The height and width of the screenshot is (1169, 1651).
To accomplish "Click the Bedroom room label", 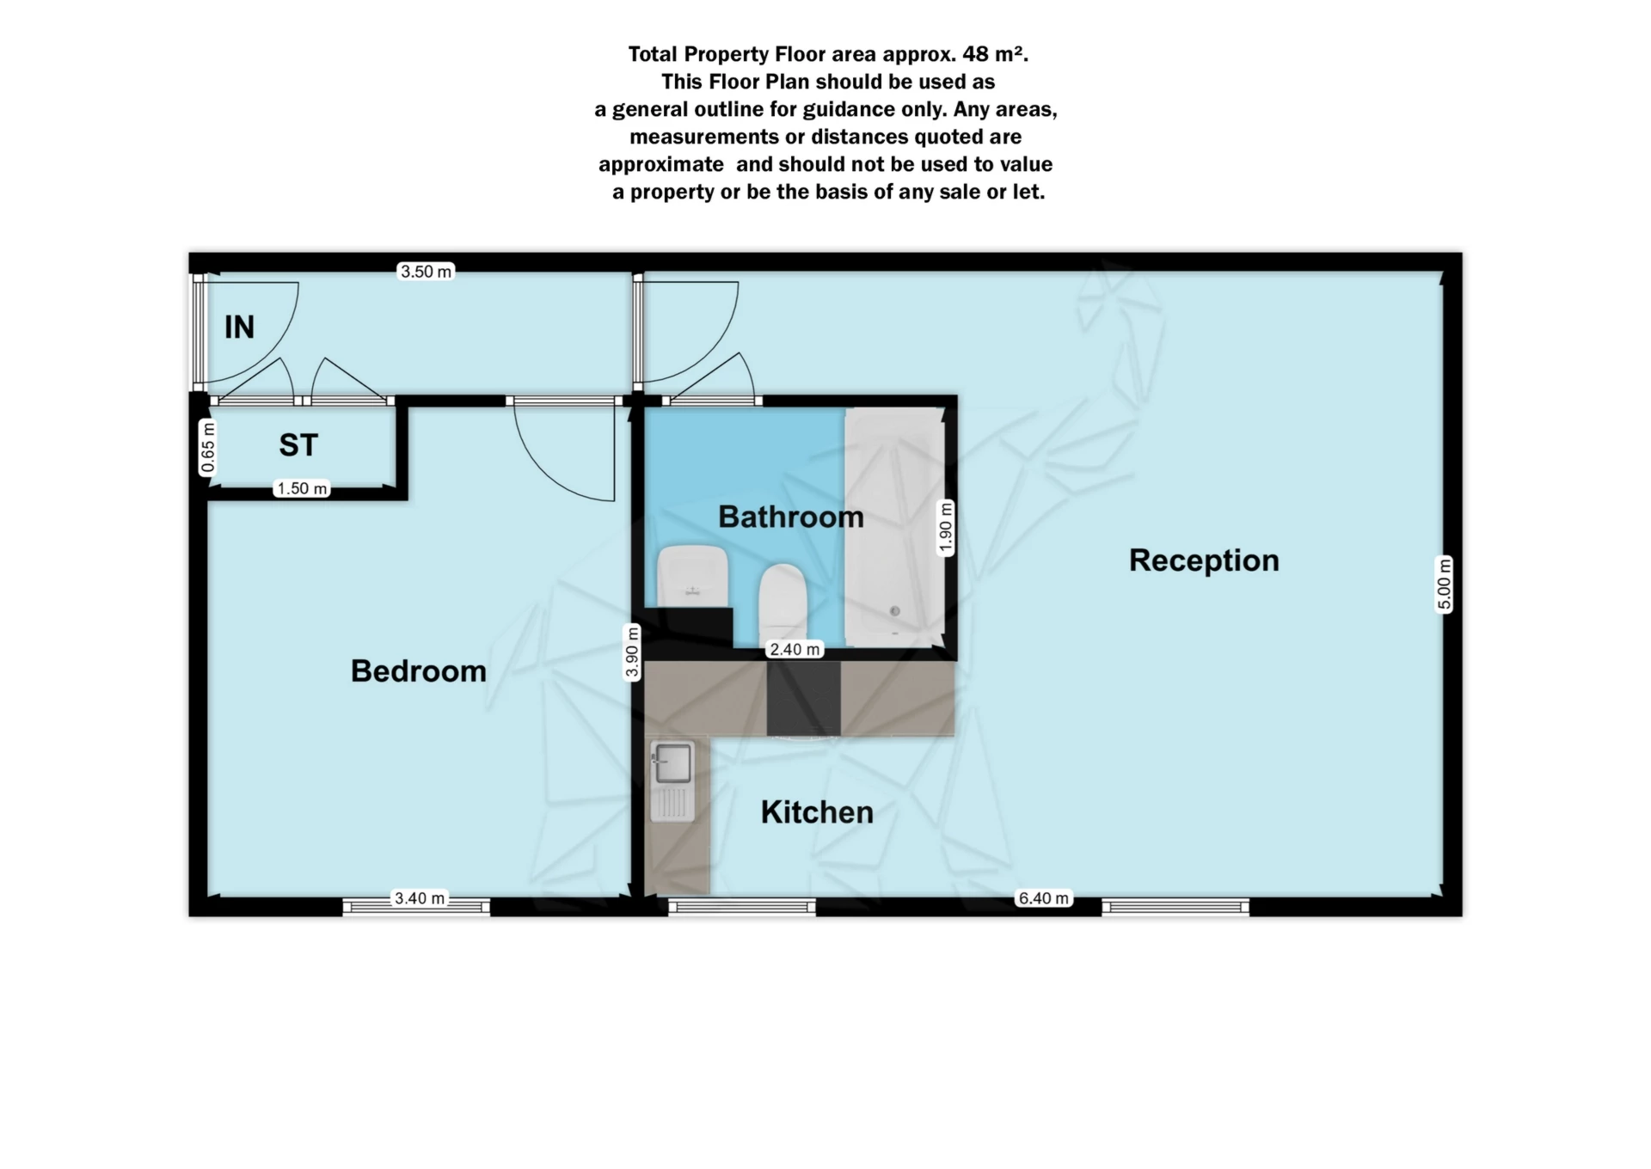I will (418, 670).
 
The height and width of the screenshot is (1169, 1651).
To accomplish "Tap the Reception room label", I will (1203, 560).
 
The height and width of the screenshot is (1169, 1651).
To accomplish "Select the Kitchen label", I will (816, 812).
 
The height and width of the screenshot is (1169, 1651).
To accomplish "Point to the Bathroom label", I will (790, 517).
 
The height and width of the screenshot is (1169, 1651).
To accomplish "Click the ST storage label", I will (298, 445).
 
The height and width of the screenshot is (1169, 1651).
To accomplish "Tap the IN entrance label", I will (239, 327).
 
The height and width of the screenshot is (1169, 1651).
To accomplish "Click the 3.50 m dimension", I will (426, 272).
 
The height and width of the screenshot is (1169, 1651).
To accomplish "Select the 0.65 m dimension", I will (207, 447).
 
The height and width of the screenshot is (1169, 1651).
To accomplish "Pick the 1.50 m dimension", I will (302, 488).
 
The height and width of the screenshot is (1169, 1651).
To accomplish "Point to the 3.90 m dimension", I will (632, 652).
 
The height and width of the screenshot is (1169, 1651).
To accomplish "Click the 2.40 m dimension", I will (795, 649).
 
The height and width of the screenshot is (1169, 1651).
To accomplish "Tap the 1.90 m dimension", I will (945, 527).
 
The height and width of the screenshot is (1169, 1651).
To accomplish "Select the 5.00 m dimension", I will (1444, 584).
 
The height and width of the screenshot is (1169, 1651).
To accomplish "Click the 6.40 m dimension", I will (1044, 898).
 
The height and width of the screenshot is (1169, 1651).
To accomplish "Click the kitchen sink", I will (672, 763).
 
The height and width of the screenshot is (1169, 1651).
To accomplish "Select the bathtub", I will (894, 527).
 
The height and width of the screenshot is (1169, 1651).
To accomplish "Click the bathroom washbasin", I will (692, 574).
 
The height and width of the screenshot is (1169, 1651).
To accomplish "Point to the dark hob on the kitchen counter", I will (803, 698).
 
